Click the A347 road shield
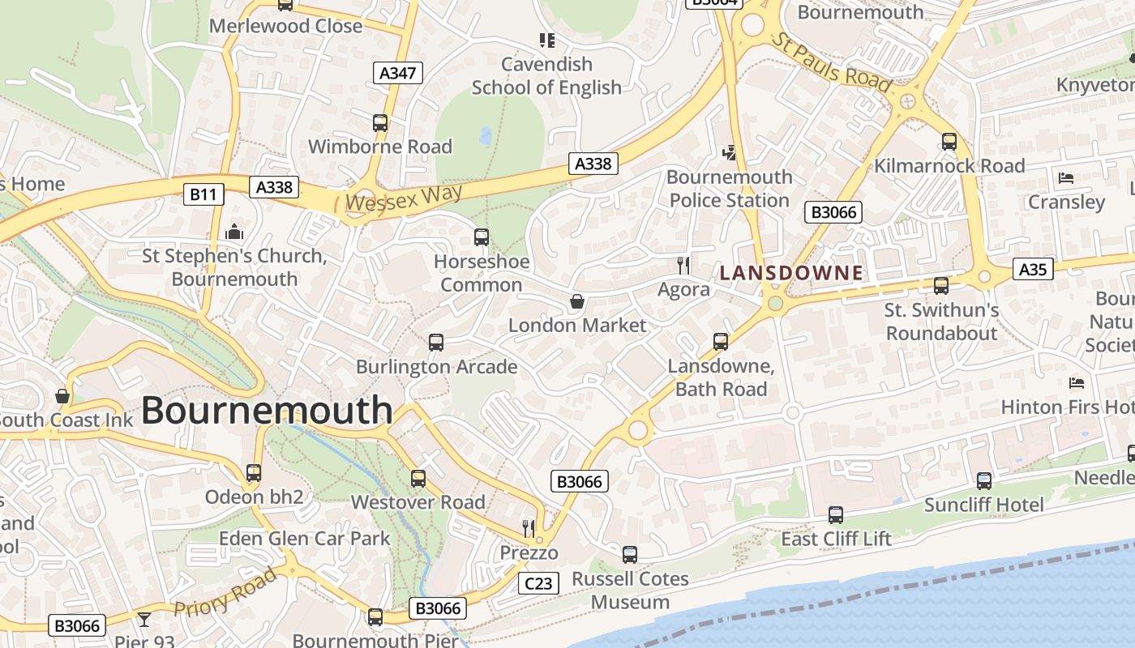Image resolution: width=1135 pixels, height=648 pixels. [398, 73]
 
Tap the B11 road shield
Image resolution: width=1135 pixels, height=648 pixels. [203, 194]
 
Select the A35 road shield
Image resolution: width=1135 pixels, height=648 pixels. [1033, 269]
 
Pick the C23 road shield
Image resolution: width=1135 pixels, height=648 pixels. [538, 582]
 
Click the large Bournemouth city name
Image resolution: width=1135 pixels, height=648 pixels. [267, 411]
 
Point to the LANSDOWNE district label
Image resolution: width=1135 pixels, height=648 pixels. [790, 273]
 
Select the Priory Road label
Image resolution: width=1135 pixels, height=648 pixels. [225, 595]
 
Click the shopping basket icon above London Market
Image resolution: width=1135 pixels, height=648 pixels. [577, 301]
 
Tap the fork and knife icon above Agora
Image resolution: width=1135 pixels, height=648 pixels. [683, 265]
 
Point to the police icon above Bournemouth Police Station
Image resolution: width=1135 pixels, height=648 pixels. [730, 151]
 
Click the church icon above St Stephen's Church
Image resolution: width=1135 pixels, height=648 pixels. [234, 232]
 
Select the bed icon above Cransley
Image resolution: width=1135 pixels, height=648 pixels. [1066, 177]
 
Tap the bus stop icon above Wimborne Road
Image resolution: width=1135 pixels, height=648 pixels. [380, 123]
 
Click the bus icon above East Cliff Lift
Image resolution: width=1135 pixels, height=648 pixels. [836, 514]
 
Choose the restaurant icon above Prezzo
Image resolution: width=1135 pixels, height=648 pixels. [529, 529]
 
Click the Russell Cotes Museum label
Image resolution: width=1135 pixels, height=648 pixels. [630, 590]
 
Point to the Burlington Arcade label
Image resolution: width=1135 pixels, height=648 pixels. [436, 367]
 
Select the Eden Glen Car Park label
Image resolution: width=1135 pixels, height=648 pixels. [305, 538]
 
